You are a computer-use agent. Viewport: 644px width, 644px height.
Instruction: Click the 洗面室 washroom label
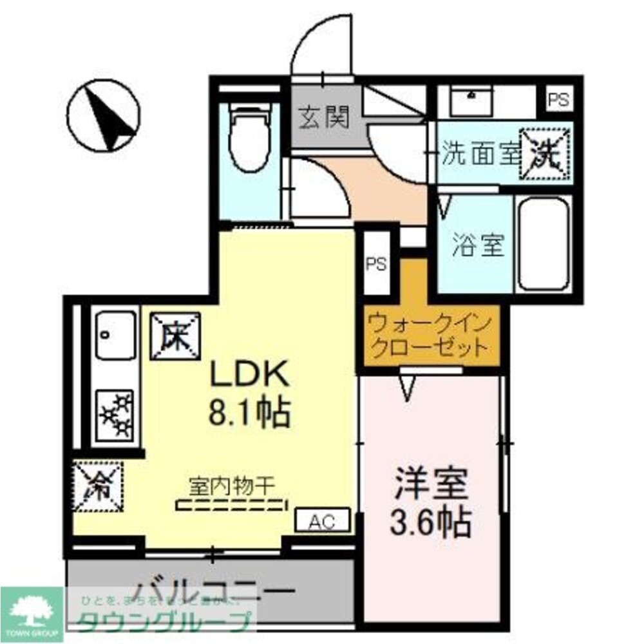(480, 155)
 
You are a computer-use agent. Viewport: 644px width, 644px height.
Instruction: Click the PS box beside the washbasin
(558, 100)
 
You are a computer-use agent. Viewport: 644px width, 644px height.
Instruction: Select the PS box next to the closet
(376, 265)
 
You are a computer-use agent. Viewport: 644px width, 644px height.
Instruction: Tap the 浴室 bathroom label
(477, 245)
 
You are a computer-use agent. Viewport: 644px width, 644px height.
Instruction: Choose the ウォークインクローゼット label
(430, 335)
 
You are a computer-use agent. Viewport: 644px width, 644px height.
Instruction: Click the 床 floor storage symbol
(175, 336)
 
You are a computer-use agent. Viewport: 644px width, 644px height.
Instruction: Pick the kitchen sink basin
(116, 335)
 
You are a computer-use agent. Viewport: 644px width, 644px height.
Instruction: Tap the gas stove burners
(116, 414)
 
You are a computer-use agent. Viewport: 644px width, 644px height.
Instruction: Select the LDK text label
(247, 376)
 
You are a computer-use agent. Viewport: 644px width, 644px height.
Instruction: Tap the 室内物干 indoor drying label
(232, 484)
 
